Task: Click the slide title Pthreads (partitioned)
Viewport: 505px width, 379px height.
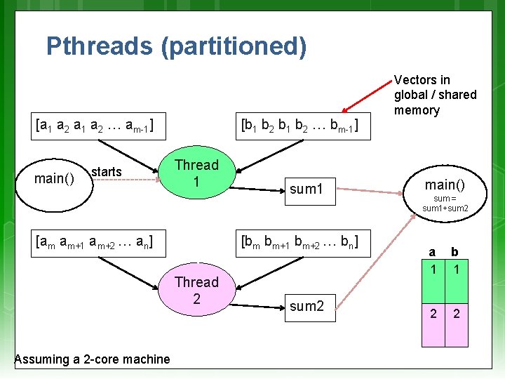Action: click(176, 46)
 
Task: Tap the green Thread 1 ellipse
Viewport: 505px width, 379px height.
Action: click(197, 173)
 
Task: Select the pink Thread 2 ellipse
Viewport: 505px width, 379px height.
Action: click(197, 290)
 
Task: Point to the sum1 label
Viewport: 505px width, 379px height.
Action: click(307, 189)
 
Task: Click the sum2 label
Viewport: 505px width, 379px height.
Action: click(307, 305)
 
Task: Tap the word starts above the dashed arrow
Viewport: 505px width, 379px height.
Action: click(107, 172)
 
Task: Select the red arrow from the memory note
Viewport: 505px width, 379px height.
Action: click(365, 98)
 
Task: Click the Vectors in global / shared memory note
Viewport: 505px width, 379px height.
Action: click(435, 95)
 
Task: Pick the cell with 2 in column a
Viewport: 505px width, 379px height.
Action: click(433, 313)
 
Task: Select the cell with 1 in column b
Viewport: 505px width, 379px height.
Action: click(456, 269)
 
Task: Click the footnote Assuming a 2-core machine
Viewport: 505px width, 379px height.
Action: click(92, 359)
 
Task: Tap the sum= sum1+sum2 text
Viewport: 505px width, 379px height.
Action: click(445, 204)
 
